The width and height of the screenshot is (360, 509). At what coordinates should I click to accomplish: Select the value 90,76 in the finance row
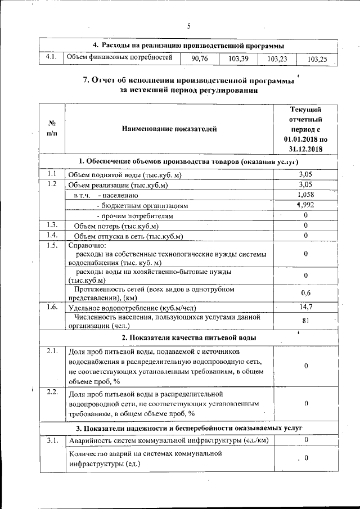pos(199,58)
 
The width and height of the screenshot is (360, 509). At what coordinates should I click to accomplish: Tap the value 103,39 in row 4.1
pos(238,58)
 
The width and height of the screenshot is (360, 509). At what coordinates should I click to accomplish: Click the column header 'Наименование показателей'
pos(169,130)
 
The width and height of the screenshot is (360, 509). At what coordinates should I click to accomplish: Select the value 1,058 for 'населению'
pos(305,195)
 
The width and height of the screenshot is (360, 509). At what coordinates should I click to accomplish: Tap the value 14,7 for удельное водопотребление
pos(305,307)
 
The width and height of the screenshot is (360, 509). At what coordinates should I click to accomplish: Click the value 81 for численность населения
pos(305,321)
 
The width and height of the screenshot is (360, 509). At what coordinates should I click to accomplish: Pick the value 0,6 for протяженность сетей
pos(305,293)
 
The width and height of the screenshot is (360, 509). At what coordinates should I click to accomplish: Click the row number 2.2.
pos(52,392)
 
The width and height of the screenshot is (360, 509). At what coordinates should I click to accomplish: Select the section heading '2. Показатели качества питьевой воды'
pos(189,337)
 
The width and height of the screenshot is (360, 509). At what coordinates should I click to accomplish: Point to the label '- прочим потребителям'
pos(135,215)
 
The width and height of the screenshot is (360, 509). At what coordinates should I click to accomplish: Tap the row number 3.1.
pos(52,440)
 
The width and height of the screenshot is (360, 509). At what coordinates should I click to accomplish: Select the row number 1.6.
pos(52,307)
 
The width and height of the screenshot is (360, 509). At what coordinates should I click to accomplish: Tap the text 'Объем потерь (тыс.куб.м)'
pos(117,226)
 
